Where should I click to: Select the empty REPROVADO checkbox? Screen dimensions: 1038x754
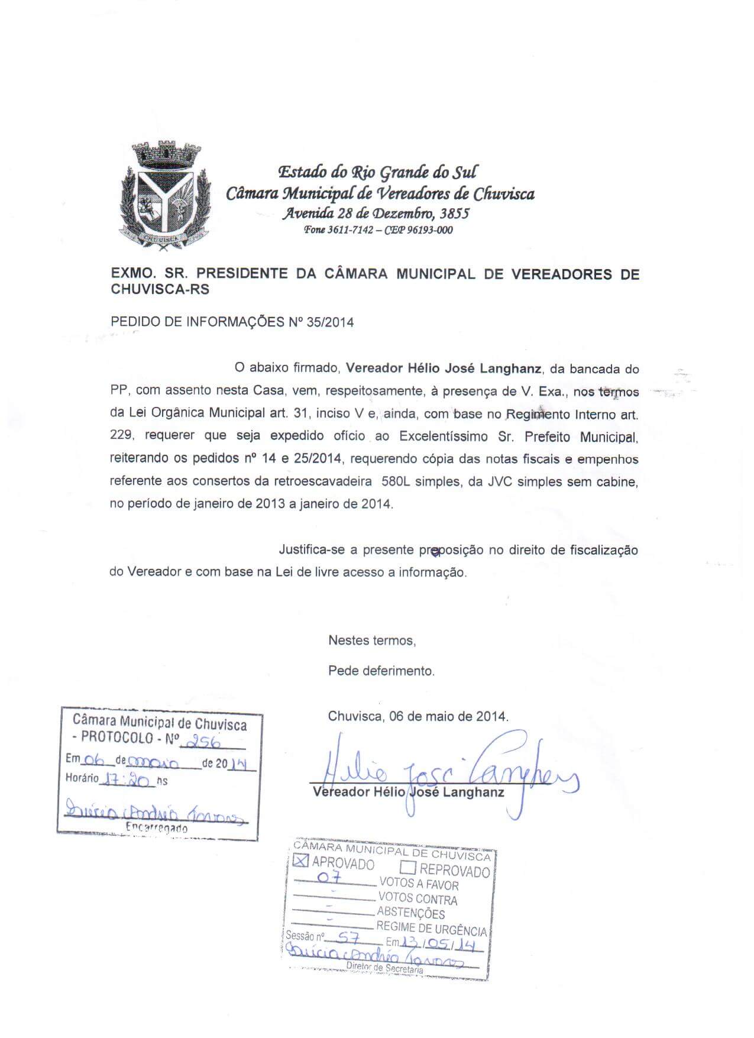pos(408,868)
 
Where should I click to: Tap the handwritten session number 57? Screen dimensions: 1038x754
pos(344,937)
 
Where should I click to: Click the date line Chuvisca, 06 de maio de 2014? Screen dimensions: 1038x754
pos(418,716)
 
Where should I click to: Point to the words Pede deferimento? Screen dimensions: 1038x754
pos(381,671)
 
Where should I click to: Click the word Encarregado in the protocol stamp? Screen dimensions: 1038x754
pos(157,828)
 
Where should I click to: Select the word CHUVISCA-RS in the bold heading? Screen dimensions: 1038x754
pos(160,290)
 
